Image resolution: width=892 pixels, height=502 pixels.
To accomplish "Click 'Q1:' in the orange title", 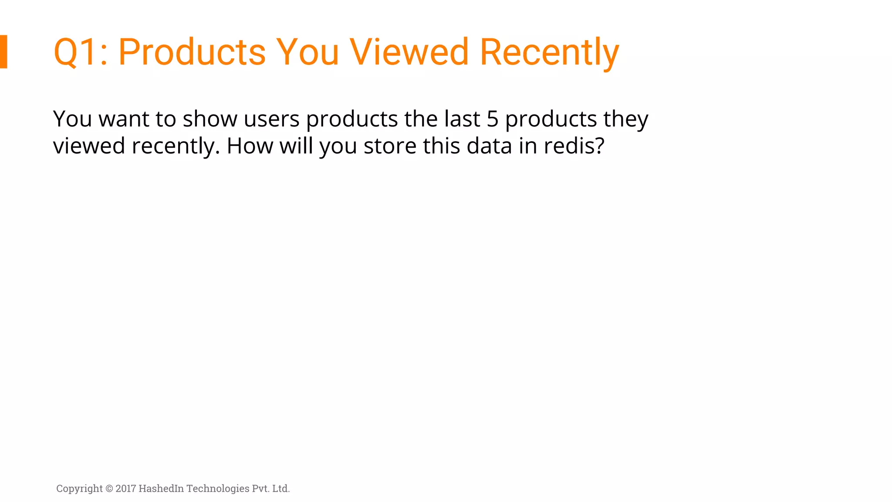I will [x=81, y=52].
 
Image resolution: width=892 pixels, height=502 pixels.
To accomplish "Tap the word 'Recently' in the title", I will [x=549, y=52].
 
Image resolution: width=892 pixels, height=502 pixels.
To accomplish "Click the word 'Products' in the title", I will [x=192, y=52].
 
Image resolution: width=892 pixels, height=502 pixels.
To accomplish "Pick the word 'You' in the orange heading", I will [x=307, y=52].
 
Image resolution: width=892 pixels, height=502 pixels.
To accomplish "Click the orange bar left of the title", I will [x=3, y=51].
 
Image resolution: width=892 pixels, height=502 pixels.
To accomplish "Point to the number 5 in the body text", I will [x=492, y=119].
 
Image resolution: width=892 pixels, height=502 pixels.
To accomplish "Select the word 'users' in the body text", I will [x=272, y=119].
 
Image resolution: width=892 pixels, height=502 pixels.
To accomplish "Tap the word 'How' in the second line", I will [x=250, y=146].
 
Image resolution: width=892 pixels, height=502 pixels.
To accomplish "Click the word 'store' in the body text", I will [x=390, y=146].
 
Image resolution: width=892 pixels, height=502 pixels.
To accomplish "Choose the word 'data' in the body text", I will [x=489, y=146].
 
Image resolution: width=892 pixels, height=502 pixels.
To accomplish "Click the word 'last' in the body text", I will [x=462, y=119].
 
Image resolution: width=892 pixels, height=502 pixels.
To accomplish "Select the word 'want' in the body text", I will [x=124, y=119].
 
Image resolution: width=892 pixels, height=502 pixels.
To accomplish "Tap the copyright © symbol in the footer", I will [x=109, y=488].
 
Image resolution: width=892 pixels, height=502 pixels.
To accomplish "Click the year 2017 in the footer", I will [x=126, y=488].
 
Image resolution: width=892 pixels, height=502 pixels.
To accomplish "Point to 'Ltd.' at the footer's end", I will [x=281, y=488].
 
